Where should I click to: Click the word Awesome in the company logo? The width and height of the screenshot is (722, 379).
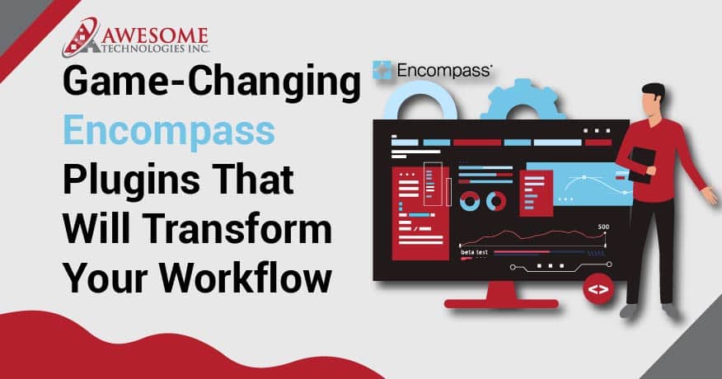point(154,36)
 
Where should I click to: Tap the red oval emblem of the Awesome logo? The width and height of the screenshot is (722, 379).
point(81,37)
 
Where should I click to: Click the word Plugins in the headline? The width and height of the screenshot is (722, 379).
point(131,180)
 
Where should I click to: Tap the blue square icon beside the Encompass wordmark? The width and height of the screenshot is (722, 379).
point(382,70)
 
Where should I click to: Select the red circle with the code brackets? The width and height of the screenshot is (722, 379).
point(598,289)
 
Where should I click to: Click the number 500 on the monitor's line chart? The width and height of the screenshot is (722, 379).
point(603,227)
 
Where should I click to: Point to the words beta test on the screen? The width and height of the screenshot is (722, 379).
point(474,252)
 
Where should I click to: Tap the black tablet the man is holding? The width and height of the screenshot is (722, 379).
point(642,164)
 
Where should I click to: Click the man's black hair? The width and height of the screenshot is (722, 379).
point(653,91)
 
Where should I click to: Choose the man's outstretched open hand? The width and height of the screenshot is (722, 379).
point(710,195)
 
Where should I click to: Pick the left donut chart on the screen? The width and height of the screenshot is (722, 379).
point(470,201)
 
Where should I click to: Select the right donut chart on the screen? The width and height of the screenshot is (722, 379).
point(496,201)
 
